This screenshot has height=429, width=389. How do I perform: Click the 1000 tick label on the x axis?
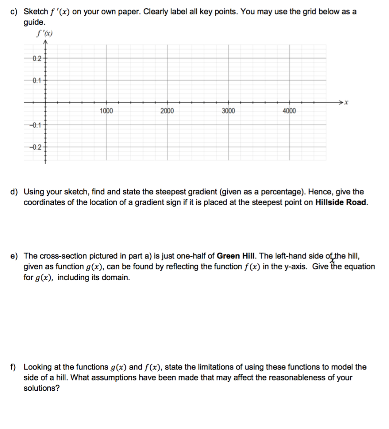pos(107,111)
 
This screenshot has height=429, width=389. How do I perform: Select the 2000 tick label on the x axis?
pos(167,111)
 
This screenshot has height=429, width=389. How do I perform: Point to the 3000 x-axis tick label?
pos(228,111)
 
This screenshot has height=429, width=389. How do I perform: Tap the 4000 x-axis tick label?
pos(289,111)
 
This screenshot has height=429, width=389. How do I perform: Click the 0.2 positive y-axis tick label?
pos(37,58)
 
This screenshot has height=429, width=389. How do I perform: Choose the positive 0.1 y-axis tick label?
pos(37,81)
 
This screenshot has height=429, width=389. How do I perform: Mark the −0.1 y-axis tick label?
pos(35,125)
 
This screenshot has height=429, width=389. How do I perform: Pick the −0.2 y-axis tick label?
pos(35,147)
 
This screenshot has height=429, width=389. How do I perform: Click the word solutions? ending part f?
pos(42,388)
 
